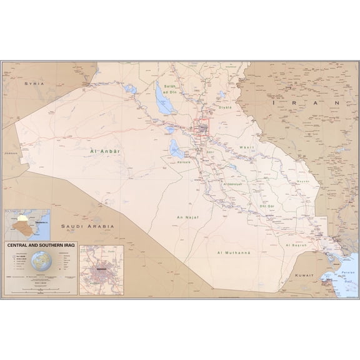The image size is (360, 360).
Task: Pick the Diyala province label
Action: [225, 107]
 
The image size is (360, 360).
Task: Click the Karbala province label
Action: [184, 161]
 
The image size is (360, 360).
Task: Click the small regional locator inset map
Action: [25, 223]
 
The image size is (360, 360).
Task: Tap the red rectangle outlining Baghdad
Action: [204, 128]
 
